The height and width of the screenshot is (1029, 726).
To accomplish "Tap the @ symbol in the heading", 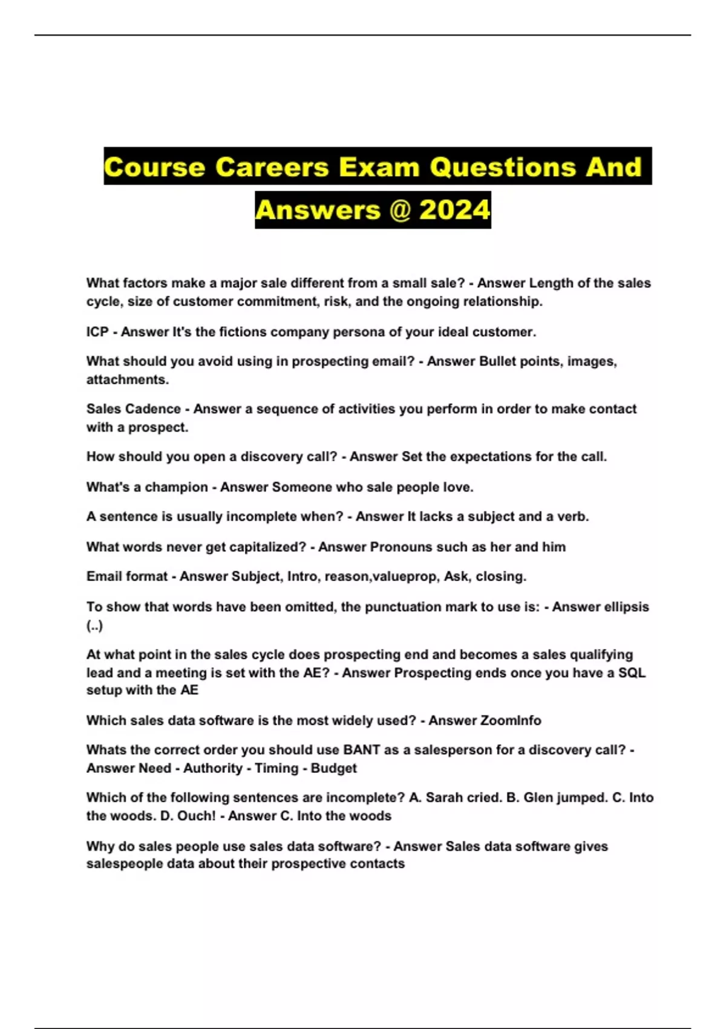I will tap(399, 210).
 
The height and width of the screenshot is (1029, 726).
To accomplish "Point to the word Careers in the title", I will tap(272, 167).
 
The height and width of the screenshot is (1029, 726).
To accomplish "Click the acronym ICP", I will tap(97, 332).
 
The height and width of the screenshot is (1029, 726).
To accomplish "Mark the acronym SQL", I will tap(632, 672).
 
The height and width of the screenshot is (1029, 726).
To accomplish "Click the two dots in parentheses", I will tap(94, 625).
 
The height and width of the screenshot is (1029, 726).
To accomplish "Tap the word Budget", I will tap(333, 768).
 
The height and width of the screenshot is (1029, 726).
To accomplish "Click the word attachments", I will tap(128, 380).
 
